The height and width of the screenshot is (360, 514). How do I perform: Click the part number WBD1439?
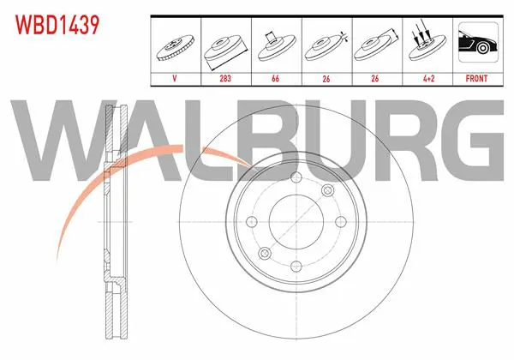tap(57, 25)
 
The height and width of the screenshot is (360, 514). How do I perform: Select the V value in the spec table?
tap(175, 79)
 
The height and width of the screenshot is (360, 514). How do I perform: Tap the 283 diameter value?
tap(225, 79)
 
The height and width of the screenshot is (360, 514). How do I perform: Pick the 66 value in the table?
tap(275, 79)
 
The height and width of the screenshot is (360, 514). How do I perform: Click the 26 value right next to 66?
tap(326, 79)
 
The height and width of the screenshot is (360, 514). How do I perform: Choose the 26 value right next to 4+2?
tap(375, 79)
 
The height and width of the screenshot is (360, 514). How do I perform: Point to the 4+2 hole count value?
tap(429, 79)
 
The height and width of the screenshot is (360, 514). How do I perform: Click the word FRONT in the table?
tap(476, 79)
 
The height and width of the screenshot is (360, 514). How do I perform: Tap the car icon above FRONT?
tap(478, 42)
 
